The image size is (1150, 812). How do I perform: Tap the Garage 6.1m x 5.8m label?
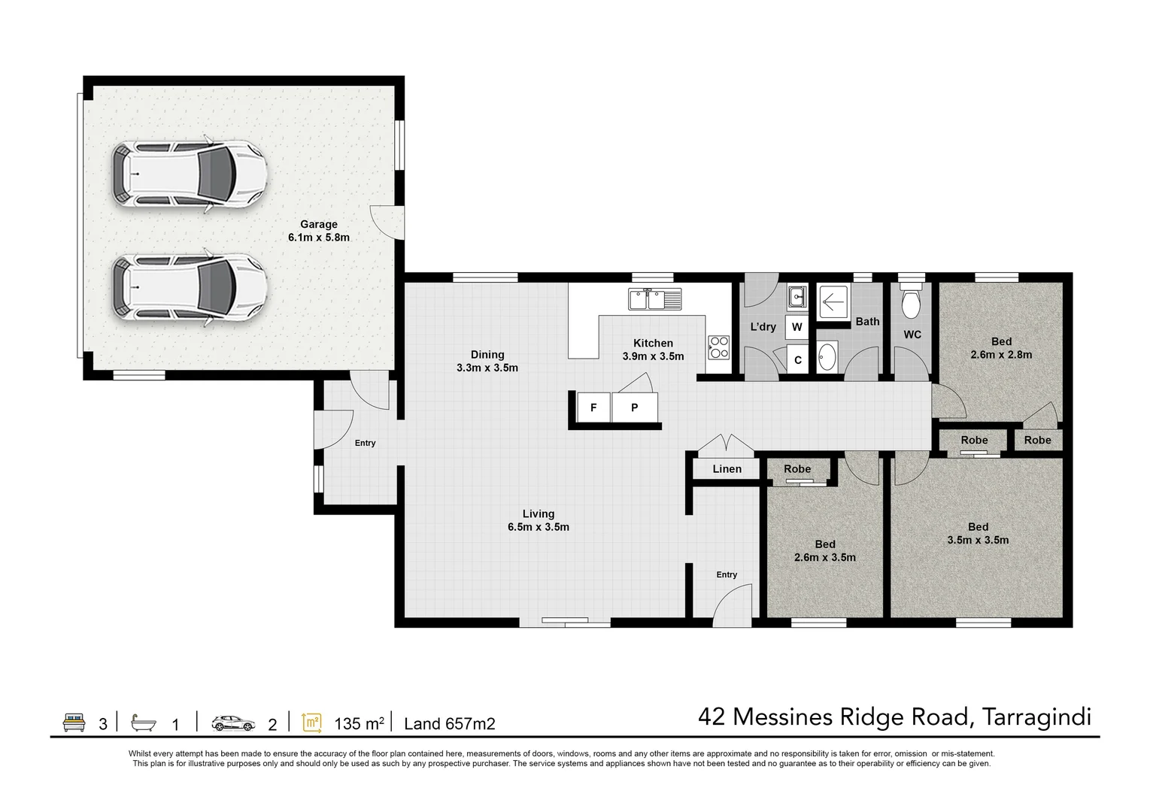(x=318, y=231)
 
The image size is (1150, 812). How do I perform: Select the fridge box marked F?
(x=593, y=408)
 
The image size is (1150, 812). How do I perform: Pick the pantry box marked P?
(x=634, y=408)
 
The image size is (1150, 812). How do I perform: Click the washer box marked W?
(x=797, y=327)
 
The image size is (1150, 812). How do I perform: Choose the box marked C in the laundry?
(x=797, y=360)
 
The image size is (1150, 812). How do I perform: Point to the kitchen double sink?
(x=654, y=299)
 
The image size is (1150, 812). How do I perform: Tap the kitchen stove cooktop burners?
(x=718, y=347)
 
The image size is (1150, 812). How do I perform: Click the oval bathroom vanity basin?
(x=827, y=357)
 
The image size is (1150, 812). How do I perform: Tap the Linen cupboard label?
(x=727, y=469)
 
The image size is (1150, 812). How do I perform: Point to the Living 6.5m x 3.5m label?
(x=538, y=520)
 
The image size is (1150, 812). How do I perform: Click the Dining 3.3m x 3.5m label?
(x=487, y=361)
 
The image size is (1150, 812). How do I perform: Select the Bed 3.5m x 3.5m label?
(x=978, y=533)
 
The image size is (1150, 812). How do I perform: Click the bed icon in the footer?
(x=74, y=723)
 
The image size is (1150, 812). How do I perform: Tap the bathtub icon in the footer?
(x=143, y=723)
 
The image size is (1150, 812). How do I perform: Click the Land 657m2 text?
(x=450, y=724)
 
